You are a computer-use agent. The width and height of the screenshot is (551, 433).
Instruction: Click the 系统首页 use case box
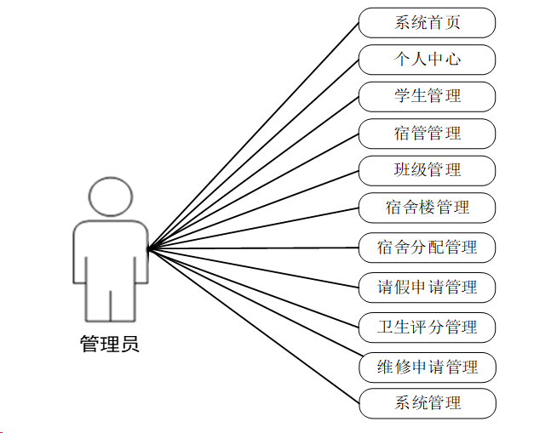coord(427,23)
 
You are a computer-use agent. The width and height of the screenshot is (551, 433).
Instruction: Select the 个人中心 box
coord(427,60)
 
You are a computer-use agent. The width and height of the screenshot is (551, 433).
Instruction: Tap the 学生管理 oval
coord(427,96)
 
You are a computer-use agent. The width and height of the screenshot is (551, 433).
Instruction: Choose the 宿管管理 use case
coord(427,134)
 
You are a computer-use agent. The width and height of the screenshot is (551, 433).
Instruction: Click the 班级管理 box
coord(427,170)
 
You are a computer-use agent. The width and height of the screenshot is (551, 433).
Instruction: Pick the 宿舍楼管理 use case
coord(427,207)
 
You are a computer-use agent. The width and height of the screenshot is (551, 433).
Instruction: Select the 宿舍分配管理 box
coord(427,248)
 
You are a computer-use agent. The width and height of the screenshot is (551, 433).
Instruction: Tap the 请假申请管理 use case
coord(427,287)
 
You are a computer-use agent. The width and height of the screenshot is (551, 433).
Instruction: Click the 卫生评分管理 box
coord(427,327)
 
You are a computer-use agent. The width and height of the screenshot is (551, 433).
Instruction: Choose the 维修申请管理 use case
coord(427,367)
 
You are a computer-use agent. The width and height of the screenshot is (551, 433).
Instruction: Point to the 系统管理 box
coord(427,402)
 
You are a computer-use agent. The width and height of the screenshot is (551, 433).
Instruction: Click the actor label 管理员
coord(109,345)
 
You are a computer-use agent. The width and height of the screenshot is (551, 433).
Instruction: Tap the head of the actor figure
coord(110,197)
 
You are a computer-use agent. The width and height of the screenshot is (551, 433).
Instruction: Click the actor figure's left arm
coord(81,255)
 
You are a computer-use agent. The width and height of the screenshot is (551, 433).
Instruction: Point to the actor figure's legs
coord(110,305)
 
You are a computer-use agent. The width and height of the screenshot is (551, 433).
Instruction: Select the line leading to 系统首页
coord(253,136)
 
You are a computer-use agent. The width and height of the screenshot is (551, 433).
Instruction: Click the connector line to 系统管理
coord(253,325)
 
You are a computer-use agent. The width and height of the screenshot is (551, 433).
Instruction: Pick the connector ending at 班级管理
coord(253,210)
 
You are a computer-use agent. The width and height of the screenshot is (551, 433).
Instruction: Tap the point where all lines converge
coord(148,249)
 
